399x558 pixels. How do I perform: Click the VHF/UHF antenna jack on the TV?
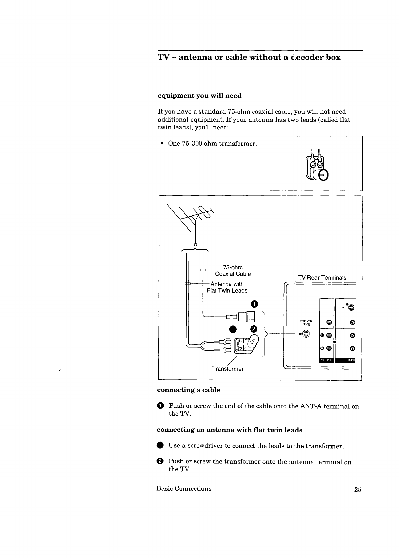pyautogui.click(x=306, y=334)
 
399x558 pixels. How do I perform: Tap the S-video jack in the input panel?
pyautogui.click(x=351, y=308)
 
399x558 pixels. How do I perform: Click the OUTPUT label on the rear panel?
pyautogui.click(x=326, y=360)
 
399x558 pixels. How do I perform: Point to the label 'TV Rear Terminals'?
pyautogui.click(x=322, y=278)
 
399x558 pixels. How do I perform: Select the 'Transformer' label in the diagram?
pyautogui.click(x=227, y=369)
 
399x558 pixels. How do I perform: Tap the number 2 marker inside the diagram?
pyautogui.click(x=253, y=329)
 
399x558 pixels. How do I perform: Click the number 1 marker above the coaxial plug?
pyautogui.click(x=254, y=304)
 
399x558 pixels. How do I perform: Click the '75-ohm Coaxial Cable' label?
pyautogui.click(x=233, y=271)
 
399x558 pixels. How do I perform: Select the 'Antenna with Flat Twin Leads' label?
pyautogui.click(x=227, y=287)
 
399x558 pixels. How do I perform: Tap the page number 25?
pyautogui.click(x=358, y=489)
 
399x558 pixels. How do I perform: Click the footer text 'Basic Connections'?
pyautogui.click(x=184, y=488)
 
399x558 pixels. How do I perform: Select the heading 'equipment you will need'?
pyautogui.click(x=199, y=96)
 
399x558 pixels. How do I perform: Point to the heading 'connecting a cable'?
pyautogui.click(x=188, y=390)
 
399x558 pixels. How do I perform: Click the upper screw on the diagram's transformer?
pyautogui.click(x=239, y=341)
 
